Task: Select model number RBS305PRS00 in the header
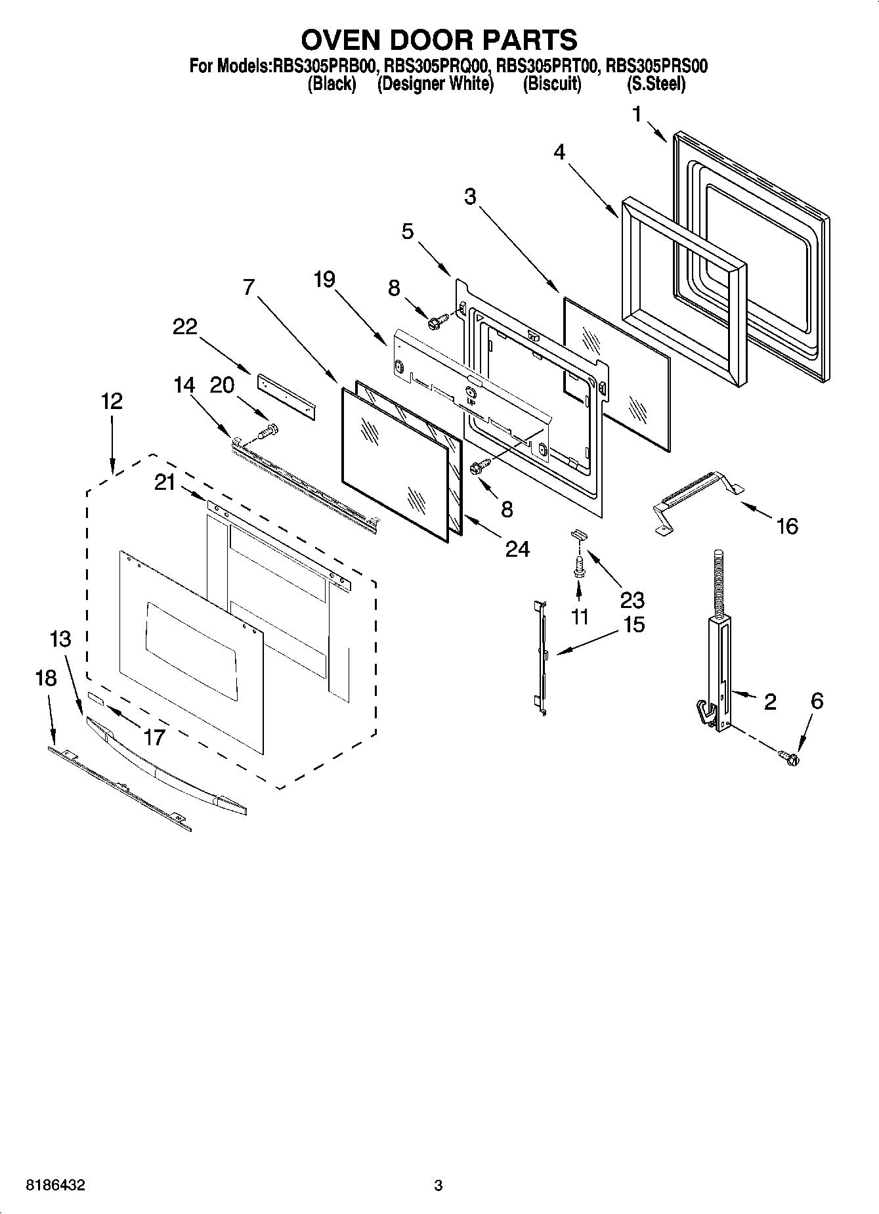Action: pos(656,66)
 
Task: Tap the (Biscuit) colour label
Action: pos(552,84)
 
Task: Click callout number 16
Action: pos(786,526)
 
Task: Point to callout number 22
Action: pos(184,326)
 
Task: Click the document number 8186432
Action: pos(55,1186)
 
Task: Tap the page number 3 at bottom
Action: pos(439,1186)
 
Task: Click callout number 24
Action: pos(517,549)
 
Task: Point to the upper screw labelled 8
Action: pos(437,321)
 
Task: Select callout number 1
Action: pos(636,114)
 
